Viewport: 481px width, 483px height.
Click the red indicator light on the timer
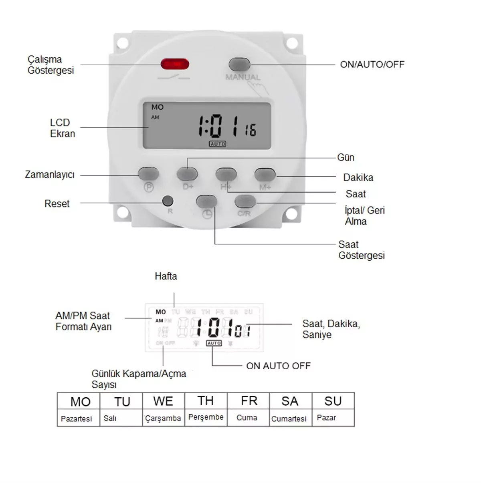point(175,64)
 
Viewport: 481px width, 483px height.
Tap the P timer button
point(148,174)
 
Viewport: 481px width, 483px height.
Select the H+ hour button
point(226,174)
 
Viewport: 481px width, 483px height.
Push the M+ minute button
point(265,174)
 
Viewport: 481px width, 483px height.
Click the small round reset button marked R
point(168,200)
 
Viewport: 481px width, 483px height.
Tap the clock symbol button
point(206,201)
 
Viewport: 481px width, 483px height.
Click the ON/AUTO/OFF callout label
point(372,64)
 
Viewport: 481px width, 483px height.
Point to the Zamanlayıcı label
point(50,175)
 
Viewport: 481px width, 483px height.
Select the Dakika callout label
point(358,177)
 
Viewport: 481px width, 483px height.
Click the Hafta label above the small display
point(166,276)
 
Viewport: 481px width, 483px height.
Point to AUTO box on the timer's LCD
point(218,144)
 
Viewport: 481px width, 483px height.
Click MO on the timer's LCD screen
point(158,107)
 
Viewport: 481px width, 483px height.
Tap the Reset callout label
point(57,203)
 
